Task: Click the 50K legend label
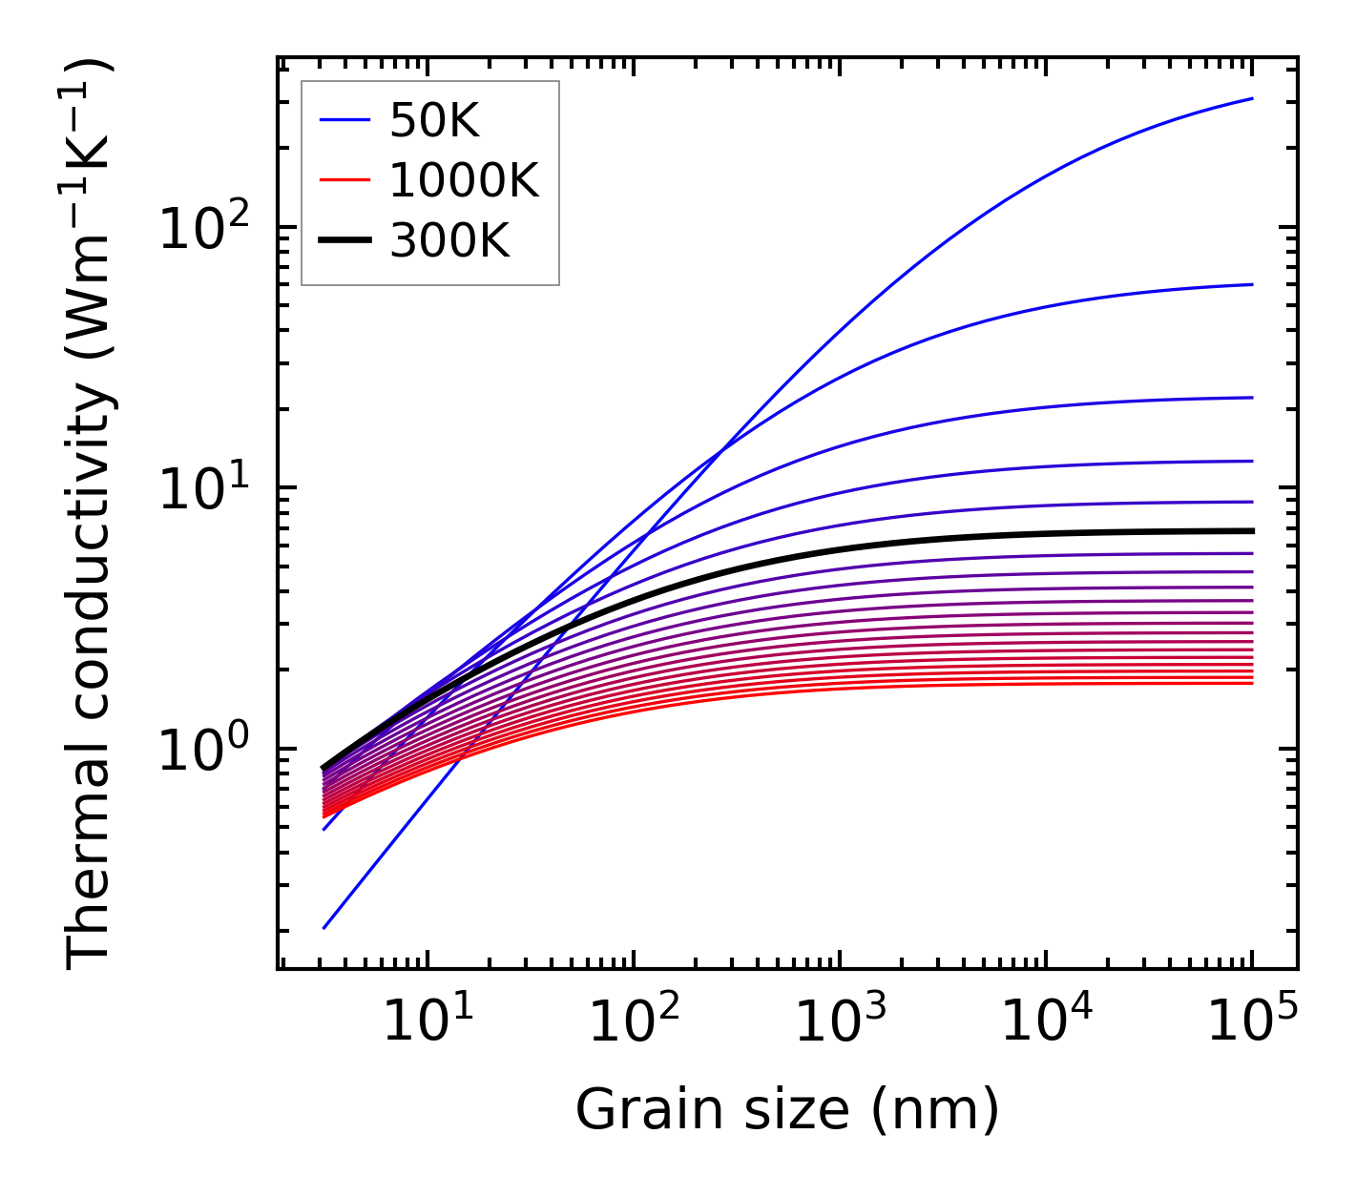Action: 434,120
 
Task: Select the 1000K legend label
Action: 464,180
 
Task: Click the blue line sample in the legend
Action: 344,120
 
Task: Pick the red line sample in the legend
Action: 344,180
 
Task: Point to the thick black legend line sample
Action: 344,240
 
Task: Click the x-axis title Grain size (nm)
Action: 787,1111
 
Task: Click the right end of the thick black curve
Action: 1251,531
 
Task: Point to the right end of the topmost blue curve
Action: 1251,98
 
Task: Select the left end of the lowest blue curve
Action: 324,927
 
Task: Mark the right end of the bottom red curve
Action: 1251,683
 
